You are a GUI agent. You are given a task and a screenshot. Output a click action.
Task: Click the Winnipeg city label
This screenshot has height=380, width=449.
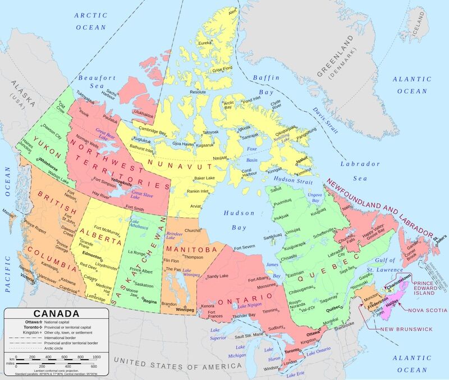click(x=185, y=309)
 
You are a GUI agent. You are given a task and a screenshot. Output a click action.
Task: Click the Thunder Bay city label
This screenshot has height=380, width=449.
click(x=244, y=315)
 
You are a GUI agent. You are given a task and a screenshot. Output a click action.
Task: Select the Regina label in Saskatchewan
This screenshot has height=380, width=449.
click(x=150, y=301)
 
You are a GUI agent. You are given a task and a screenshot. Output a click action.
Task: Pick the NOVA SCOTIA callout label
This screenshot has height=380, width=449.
click(x=428, y=310)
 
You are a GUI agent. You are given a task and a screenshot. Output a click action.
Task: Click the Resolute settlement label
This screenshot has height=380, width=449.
click(x=198, y=91)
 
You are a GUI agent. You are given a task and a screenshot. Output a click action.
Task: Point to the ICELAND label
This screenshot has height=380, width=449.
click(x=419, y=32)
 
